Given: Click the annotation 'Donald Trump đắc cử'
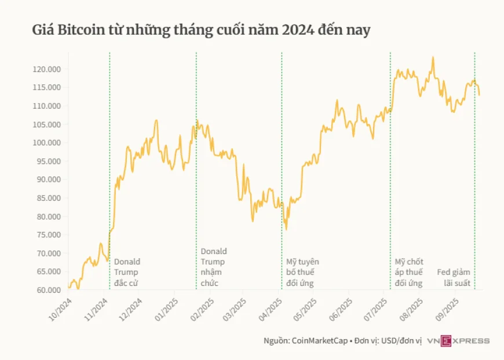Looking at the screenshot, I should tap(127, 273).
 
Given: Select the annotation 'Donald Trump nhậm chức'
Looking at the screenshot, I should tap(214, 267).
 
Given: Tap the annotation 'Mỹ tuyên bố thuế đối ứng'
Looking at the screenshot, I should tap(302, 273).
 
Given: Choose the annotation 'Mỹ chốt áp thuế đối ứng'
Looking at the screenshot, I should tap(409, 273).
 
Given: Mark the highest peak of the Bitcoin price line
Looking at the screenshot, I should tap(433, 57).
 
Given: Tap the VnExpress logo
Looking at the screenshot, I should tap(458, 341).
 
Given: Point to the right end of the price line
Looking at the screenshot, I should tap(479, 95).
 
